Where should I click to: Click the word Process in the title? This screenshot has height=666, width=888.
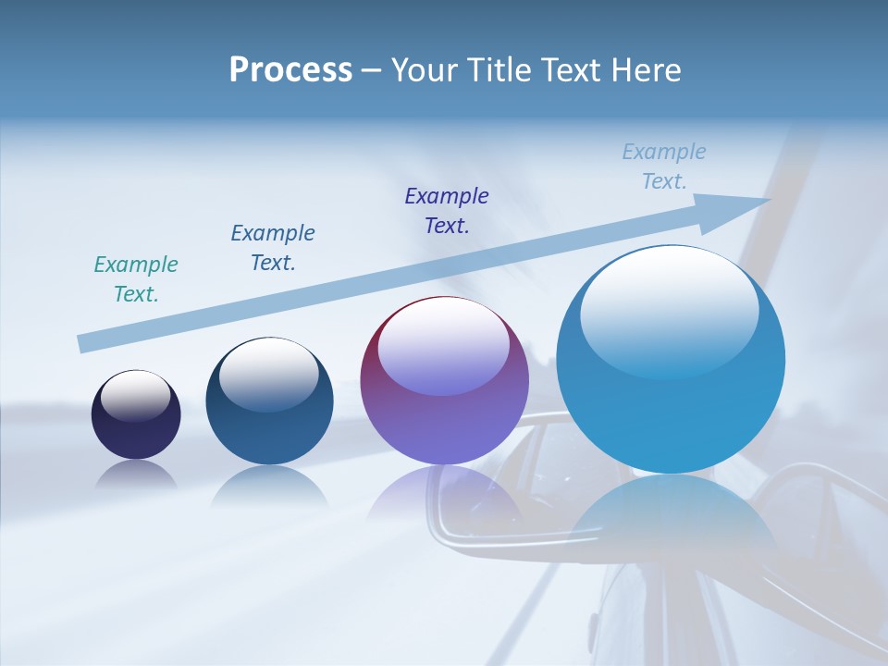pyautogui.click(x=290, y=70)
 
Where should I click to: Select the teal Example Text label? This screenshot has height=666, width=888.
pyautogui.click(x=136, y=279)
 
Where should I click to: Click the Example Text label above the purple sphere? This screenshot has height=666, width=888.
pyautogui.click(x=447, y=211)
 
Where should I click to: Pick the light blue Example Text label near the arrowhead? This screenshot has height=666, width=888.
pyautogui.click(x=664, y=166)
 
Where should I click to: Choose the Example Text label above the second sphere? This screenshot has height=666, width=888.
pyautogui.click(x=273, y=248)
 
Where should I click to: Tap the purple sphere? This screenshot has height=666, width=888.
pyautogui.click(x=444, y=416)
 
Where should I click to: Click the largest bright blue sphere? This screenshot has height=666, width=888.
pyautogui.click(x=671, y=407)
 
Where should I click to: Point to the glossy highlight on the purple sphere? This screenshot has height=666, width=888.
pyautogui.click(x=443, y=345)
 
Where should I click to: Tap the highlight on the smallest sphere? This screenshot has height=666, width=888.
pyautogui.click(x=136, y=395)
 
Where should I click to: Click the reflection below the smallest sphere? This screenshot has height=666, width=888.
pyautogui.click(x=136, y=475)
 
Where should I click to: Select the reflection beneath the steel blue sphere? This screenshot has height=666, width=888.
pyautogui.click(x=269, y=485)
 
